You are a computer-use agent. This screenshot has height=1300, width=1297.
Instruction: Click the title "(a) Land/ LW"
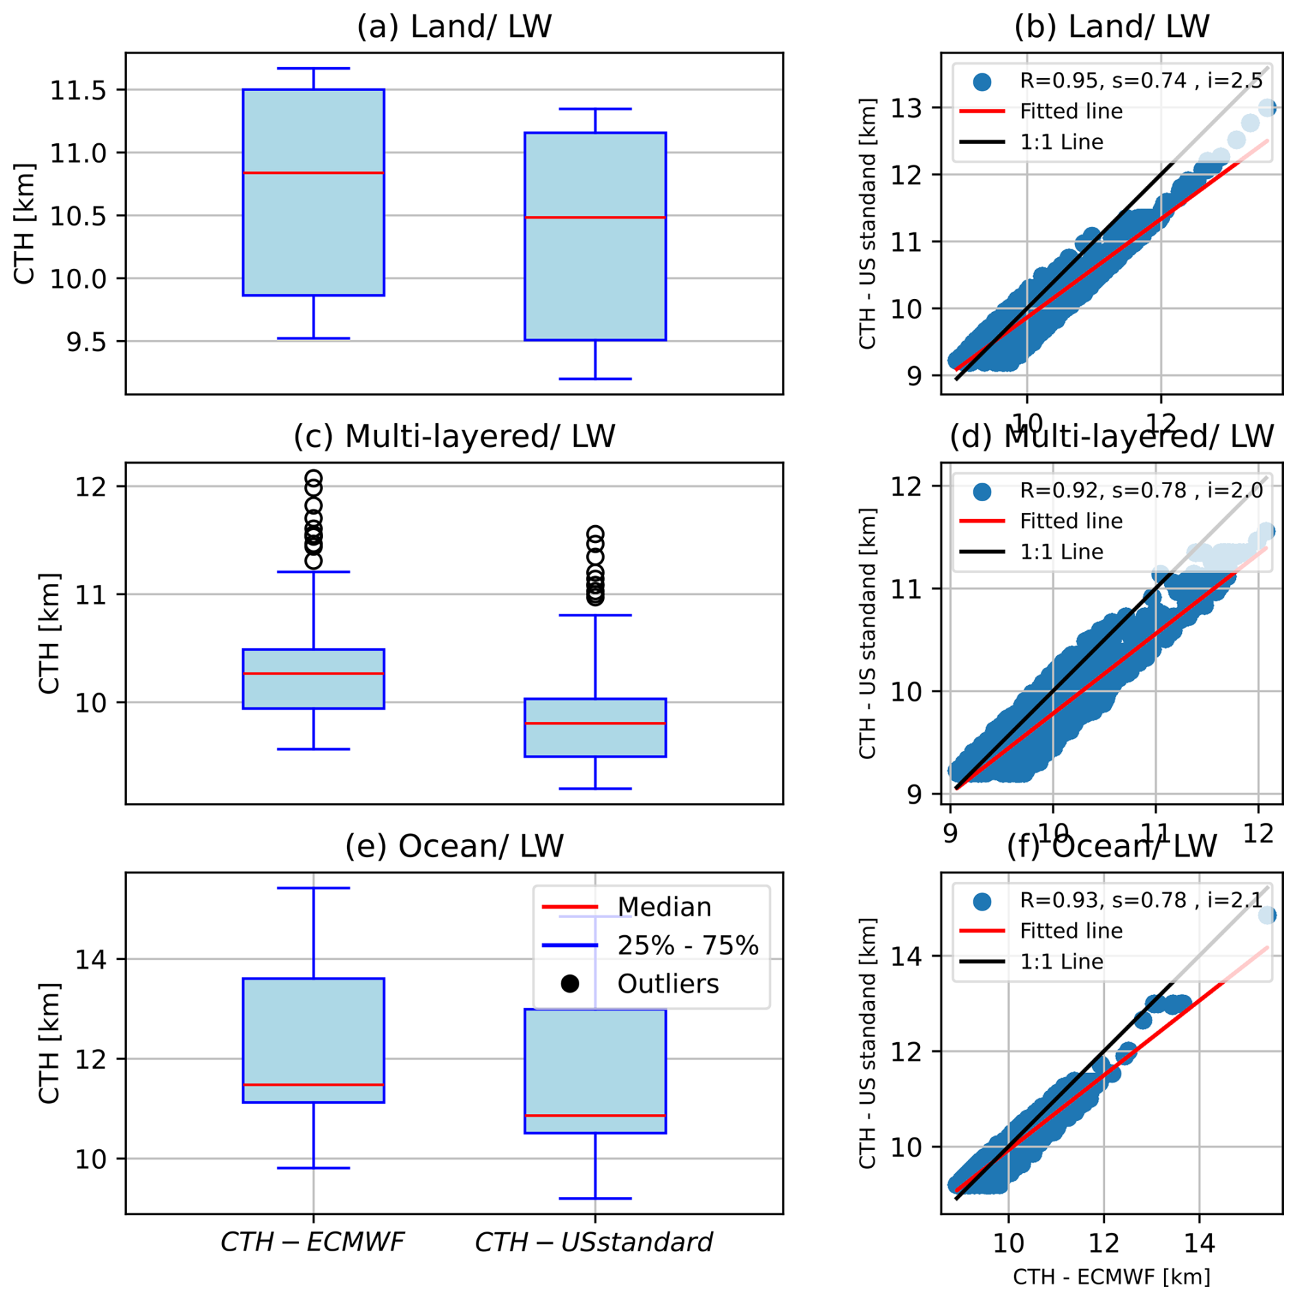[x=454, y=27]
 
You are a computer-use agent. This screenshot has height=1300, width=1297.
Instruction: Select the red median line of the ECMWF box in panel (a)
[x=313, y=173]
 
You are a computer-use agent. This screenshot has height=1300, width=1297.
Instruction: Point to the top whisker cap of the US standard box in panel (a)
[x=595, y=109]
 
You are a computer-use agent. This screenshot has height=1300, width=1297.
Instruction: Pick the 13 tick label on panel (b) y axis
[x=907, y=108]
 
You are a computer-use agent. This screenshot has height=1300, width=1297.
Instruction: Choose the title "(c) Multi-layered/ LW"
[x=454, y=437]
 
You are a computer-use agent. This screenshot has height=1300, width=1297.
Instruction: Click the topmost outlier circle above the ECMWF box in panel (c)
[x=313, y=478]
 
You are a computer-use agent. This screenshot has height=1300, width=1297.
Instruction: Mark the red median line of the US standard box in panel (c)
[x=595, y=723]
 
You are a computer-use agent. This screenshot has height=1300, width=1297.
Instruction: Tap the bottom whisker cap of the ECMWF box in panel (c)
[x=313, y=749]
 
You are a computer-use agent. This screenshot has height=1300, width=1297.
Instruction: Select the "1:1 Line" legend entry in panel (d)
[x=1061, y=552]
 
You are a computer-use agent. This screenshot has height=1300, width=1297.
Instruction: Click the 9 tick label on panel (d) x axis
[x=950, y=834]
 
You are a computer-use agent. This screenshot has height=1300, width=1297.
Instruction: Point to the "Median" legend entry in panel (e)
[x=664, y=907]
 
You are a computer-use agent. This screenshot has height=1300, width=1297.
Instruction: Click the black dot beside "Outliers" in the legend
[x=570, y=984]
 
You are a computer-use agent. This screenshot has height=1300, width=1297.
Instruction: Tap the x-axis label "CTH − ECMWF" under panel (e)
[x=313, y=1242]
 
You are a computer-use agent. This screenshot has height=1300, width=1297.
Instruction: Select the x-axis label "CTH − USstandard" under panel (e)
[x=594, y=1242]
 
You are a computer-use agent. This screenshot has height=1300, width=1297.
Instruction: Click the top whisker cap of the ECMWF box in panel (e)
[x=313, y=888]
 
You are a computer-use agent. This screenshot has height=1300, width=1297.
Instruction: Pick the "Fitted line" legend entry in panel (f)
[x=1071, y=930]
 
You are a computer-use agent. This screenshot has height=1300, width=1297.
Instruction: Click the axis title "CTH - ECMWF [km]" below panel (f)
[x=1111, y=1277]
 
